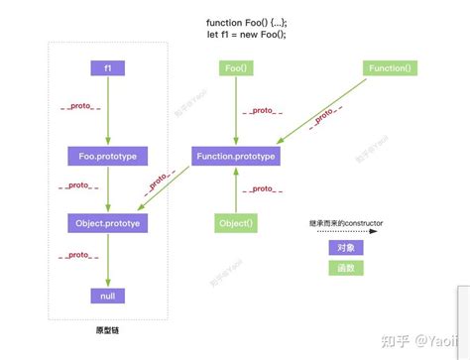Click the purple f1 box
(107, 68)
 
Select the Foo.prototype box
(107, 156)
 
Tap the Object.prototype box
(107, 224)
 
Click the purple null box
(107, 295)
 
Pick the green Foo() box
(235, 68)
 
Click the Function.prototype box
(235, 156)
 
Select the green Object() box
(235, 224)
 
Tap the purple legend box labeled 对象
(345, 249)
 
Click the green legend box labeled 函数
(345, 268)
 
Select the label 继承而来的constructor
(345, 224)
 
